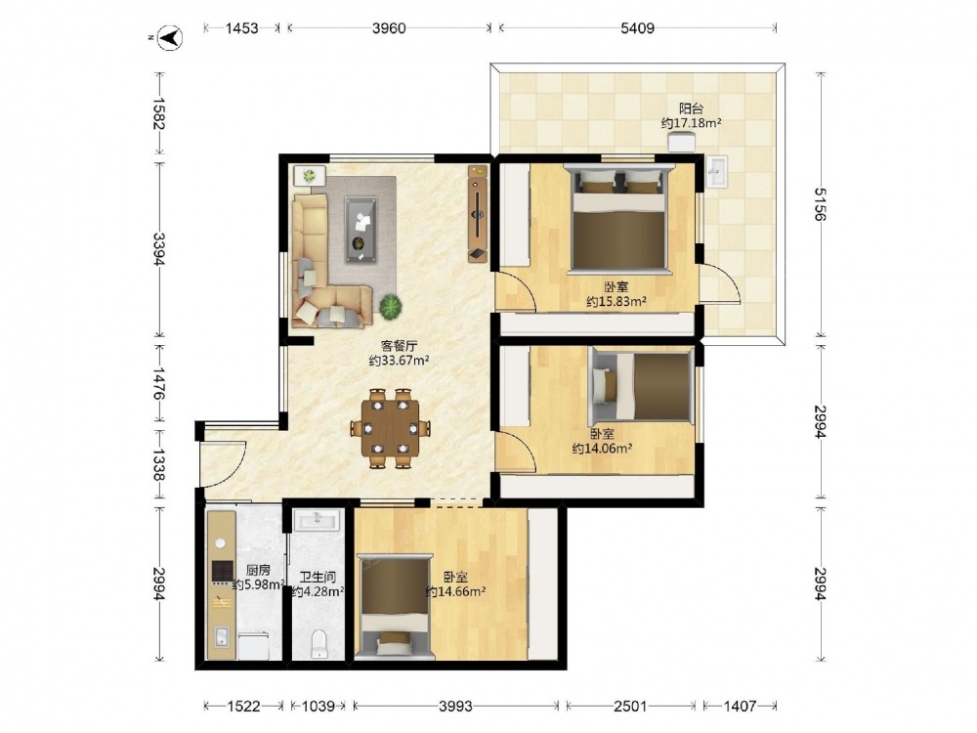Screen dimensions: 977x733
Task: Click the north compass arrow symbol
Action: coord(169,38)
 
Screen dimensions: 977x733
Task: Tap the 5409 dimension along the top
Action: coord(637,28)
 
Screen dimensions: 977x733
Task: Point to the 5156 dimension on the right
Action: coord(819,204)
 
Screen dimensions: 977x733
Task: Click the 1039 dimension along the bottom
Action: coord(318,707)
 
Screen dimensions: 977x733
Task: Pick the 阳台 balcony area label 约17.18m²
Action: coord(691,123)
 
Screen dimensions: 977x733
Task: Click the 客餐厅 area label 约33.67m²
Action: coord(399,361)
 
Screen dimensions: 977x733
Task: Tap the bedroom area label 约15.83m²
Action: coord(616,302)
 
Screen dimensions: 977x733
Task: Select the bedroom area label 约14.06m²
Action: coord(603,449)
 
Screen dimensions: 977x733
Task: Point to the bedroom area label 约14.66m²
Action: coord(455,591)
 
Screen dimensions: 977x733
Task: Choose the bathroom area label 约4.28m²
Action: coord(318,591)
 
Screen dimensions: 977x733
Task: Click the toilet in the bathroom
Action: coord(319,644)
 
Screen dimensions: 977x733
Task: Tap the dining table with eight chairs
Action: coord(391,428)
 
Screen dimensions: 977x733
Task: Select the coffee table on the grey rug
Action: coord(361,230)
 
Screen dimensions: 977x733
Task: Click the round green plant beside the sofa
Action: coord(391,306)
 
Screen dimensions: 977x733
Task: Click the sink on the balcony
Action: coord(716,171)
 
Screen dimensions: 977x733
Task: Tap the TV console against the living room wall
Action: coord(478,214)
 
